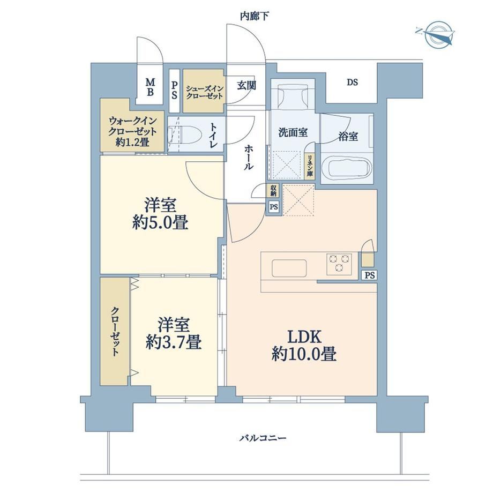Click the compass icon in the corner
(x=436, y=34)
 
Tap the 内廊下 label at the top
(x=255, y=16)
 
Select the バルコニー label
(x=263, y=438)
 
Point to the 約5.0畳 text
(x=160, y=223)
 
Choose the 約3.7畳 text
(x=174, y=342)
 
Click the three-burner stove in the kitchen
(x=339, y=264)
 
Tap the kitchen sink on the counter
(x=289, y=268)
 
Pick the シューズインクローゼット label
(x=204, y=92)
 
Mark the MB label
(x=150, y=87)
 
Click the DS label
(x=353, y=83)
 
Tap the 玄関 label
(x=246, y=85)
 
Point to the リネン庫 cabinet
(x=310, y=166)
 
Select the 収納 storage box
(x=273, y=190)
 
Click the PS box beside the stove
(x=369, y=275)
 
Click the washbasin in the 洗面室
(x=293, y=96)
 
